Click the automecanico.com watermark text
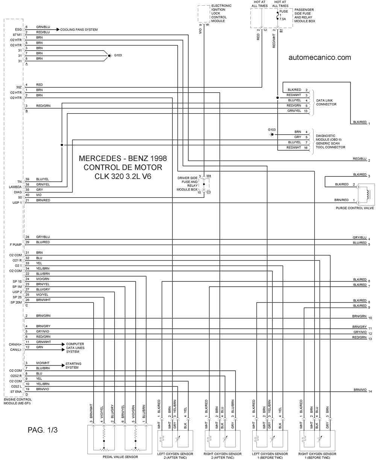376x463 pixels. coord(320,57)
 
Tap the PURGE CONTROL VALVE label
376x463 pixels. coord(355,208)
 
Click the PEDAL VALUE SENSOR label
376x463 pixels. coord(120,457)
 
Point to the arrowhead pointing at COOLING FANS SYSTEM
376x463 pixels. coord(58,29)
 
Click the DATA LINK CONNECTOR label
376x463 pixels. coord(326,102)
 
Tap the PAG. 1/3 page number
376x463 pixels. coord(42,430)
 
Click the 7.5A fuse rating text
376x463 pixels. coord(282,19)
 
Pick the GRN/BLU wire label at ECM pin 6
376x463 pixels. coord(43,27)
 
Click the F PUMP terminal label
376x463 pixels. coord(16,245)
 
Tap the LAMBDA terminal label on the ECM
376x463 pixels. coord(15,187)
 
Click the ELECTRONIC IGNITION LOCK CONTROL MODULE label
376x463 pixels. coord(221,13)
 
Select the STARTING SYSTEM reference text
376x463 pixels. coord(73,365)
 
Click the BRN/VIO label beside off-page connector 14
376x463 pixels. coord(360,390)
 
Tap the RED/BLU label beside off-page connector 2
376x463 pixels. coord(360,159)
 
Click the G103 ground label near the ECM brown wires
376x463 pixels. coord(118,55)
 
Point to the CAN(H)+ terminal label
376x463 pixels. coord(15,344)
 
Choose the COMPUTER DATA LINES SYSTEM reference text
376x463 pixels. coord(75,347)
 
